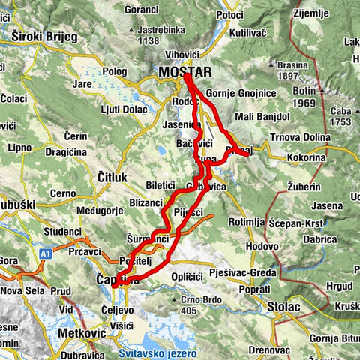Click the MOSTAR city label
[x=185, y=72]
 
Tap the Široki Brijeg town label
[x=43, y=35]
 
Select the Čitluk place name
[x=115, y=176]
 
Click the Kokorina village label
[x=306, y=159]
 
